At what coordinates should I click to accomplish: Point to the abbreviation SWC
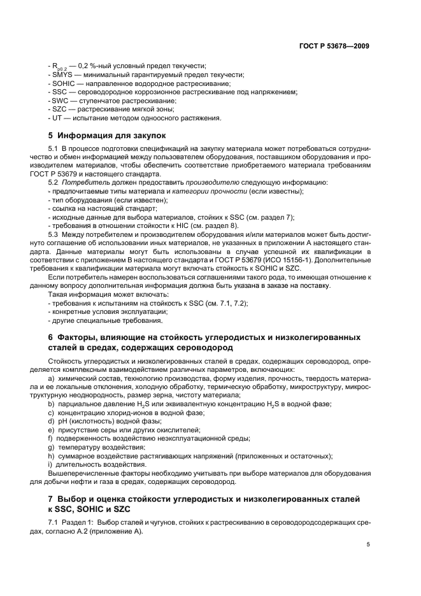click(x=60, y=101)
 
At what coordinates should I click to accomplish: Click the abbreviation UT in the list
click(x=57, y=117)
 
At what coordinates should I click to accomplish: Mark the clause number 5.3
click(x=54, y=233)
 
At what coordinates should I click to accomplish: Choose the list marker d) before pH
click(x=51, y=421)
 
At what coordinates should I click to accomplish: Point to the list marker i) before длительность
click(x=50, y=464)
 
